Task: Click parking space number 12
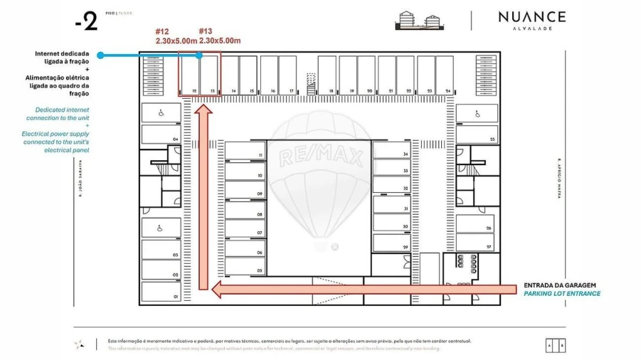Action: pos(190,74)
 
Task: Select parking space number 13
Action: pos(209,74)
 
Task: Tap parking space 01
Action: pos(160,291)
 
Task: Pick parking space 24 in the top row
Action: pos(445,74)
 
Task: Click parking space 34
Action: pos(391,150)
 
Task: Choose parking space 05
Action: pos(245,267)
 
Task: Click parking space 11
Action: pos(245,151)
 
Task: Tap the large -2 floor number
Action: pos(86,22)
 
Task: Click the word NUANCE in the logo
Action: pos(531,16)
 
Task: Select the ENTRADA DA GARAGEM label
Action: pos(559,285)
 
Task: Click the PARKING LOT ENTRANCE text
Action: pos(562,293)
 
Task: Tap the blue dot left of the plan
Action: pos(100,55)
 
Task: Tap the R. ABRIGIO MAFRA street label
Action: pos(560,178)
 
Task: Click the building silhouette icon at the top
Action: pos(416,21)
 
